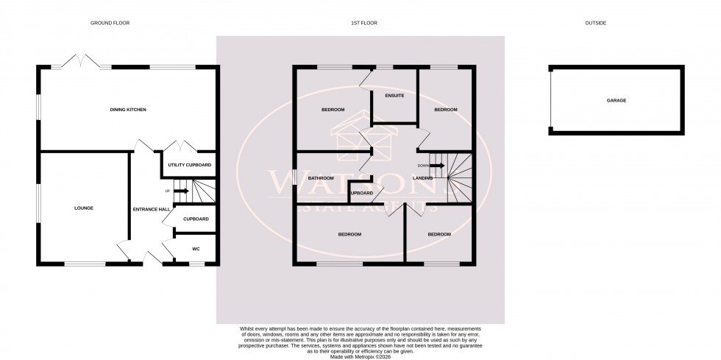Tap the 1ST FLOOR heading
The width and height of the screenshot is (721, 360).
360,23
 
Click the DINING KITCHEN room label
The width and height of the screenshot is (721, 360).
129,110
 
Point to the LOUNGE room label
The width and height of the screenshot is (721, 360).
83,208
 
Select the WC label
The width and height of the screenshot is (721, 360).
196,249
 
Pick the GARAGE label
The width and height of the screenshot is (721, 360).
616,99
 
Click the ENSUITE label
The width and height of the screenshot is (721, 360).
394,96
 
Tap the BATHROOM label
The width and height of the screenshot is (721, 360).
322,178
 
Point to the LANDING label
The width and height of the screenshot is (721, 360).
422,178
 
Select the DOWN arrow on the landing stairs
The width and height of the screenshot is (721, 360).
437,165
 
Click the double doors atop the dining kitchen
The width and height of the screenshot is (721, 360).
80,60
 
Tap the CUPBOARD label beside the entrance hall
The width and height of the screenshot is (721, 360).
196,219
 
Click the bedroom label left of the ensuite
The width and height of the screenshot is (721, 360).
333,110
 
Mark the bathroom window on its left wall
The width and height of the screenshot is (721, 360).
294,177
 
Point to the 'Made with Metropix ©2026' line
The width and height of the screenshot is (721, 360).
360,356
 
